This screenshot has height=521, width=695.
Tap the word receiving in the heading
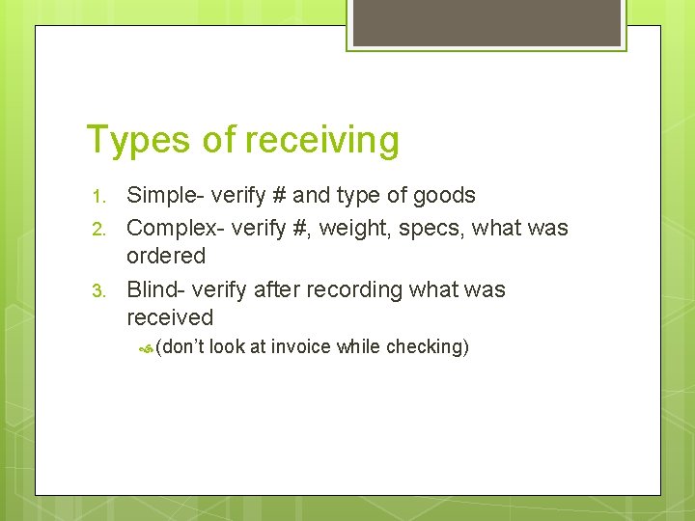321,141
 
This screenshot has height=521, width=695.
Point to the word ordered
166,257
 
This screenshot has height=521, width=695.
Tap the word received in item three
170,317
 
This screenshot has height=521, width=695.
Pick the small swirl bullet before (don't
145,347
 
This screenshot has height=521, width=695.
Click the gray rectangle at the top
486,23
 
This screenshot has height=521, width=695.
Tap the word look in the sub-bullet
227,346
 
